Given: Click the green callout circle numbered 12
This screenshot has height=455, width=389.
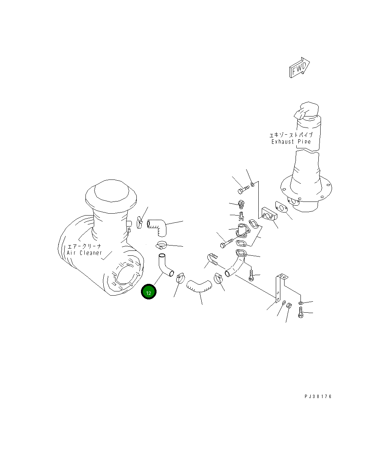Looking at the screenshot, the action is click(149, 292).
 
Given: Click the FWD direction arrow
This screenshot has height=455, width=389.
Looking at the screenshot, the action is click(299, 68).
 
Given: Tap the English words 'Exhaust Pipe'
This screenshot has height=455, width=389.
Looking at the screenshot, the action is click(291, 142).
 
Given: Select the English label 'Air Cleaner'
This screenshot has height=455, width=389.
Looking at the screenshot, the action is click(85, 253).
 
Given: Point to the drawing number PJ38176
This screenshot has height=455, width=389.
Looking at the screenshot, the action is click(318, 397).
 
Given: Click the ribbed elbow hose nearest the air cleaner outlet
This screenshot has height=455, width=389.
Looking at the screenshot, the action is click(158, 226).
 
